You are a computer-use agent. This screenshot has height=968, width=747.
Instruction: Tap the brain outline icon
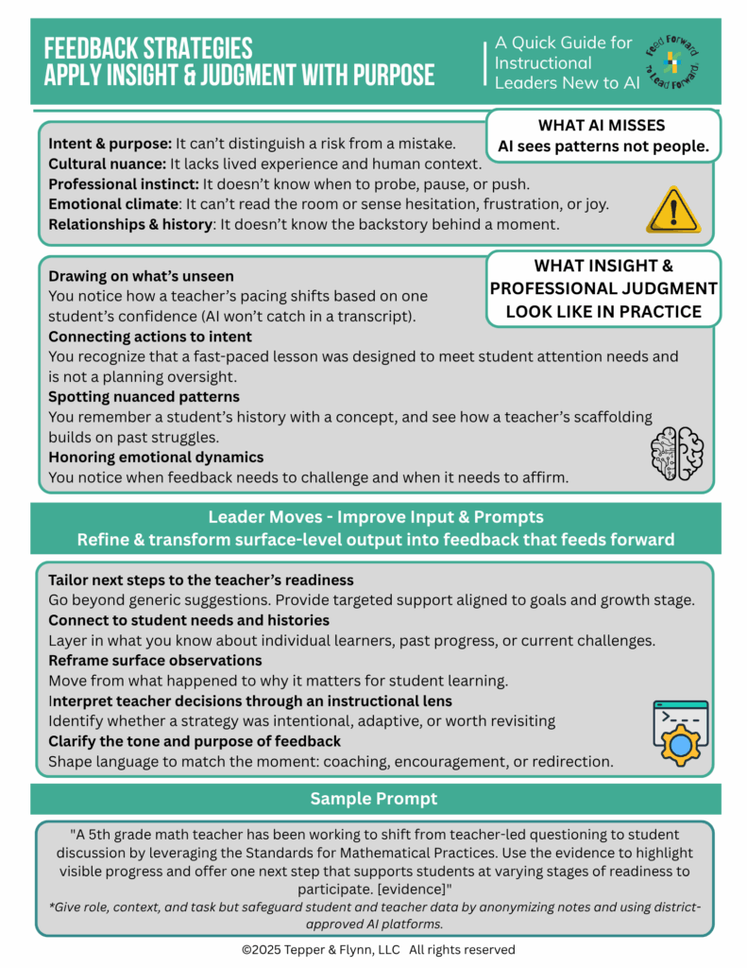tap(676, 451)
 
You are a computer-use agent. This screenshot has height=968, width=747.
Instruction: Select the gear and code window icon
tap(680, 733)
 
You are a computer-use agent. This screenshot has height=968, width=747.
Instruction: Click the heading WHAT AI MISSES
tap(602, 125)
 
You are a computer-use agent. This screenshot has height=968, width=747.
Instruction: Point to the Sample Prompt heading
tap(373, 799)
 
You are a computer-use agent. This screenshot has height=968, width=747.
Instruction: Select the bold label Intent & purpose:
tap(109, 144)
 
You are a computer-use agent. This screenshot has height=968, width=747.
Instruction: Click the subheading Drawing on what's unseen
tap(141, 276)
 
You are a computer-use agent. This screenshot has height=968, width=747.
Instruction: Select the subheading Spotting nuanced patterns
tap(144, 396)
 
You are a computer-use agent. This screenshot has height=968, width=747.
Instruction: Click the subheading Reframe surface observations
tap(155, 659)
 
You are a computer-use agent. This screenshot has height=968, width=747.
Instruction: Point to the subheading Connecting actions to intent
tap(149, 337)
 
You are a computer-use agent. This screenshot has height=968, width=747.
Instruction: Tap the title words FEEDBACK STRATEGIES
tap(148, 49)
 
